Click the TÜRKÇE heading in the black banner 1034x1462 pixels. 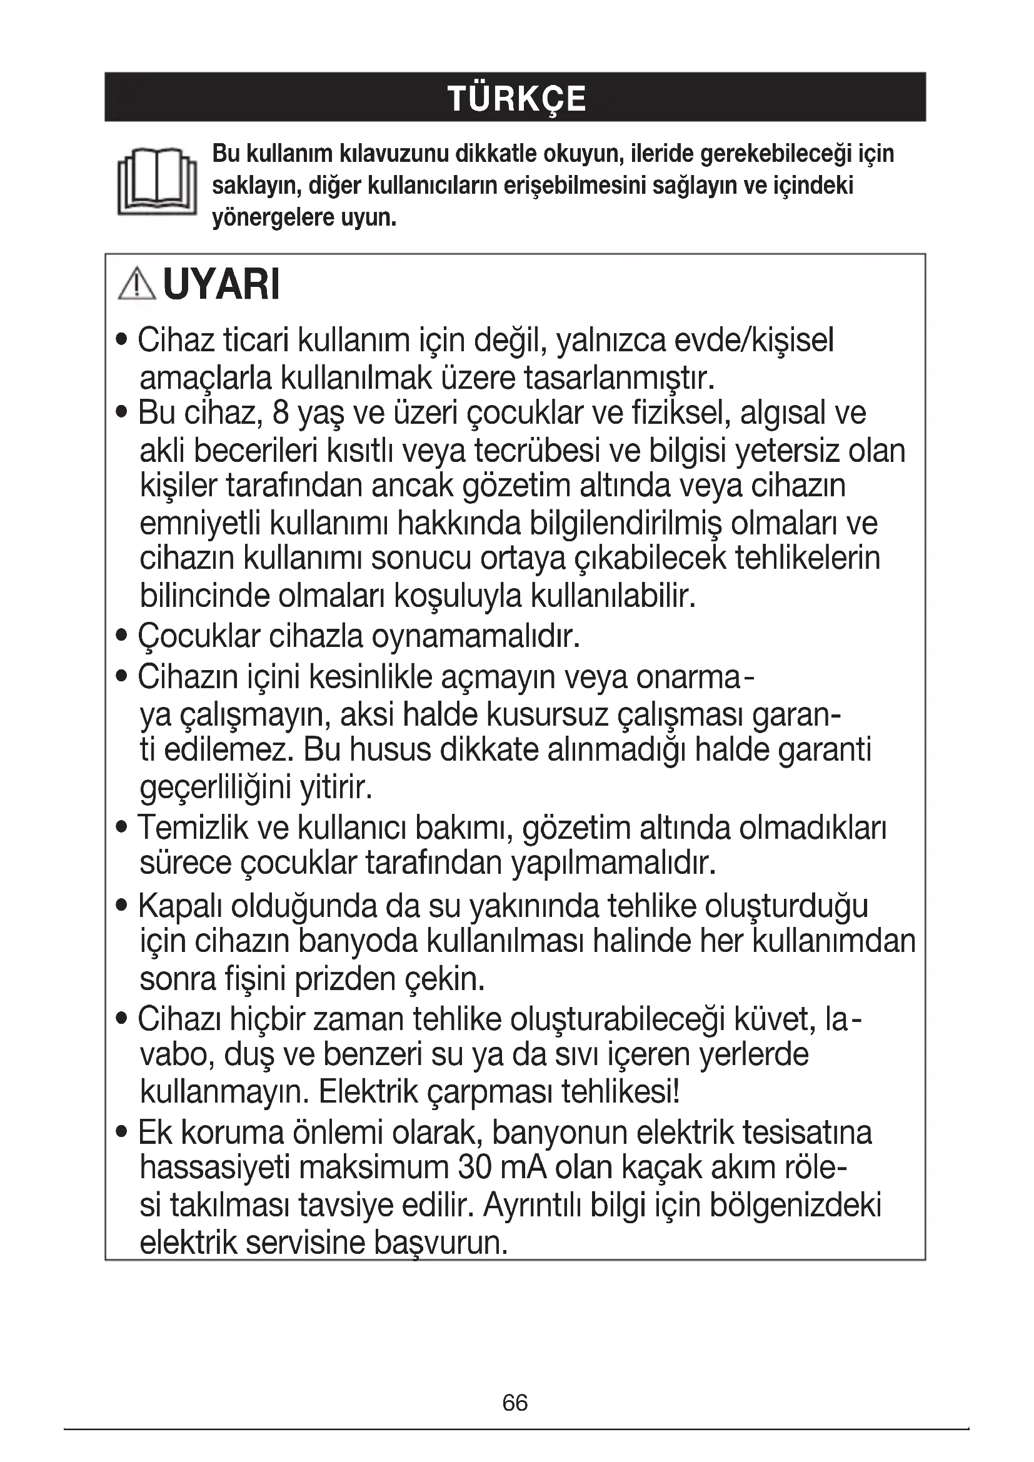516,99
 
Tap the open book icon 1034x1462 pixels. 157,182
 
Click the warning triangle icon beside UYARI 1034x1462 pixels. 136,284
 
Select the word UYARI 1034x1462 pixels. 221,284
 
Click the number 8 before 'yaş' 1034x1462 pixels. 280,413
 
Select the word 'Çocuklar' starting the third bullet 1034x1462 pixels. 199,636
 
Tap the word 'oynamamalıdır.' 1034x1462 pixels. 476,636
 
